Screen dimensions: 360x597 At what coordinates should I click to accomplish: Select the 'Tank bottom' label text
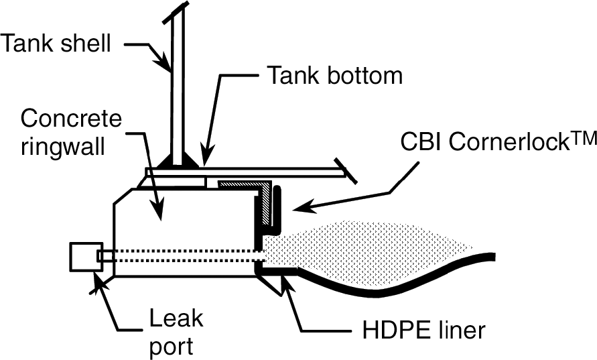click(335, 75)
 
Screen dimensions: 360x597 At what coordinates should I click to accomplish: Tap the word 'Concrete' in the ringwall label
click(72, 119)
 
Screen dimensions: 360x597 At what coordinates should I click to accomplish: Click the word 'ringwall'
click(63, 147)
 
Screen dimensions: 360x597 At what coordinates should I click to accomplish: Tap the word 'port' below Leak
click(172, 346)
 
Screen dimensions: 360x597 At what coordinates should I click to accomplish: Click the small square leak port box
click(85, 257)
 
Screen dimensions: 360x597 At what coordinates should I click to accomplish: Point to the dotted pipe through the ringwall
click(181, 255)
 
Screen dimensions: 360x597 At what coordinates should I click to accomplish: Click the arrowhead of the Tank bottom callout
click(205, 158)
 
